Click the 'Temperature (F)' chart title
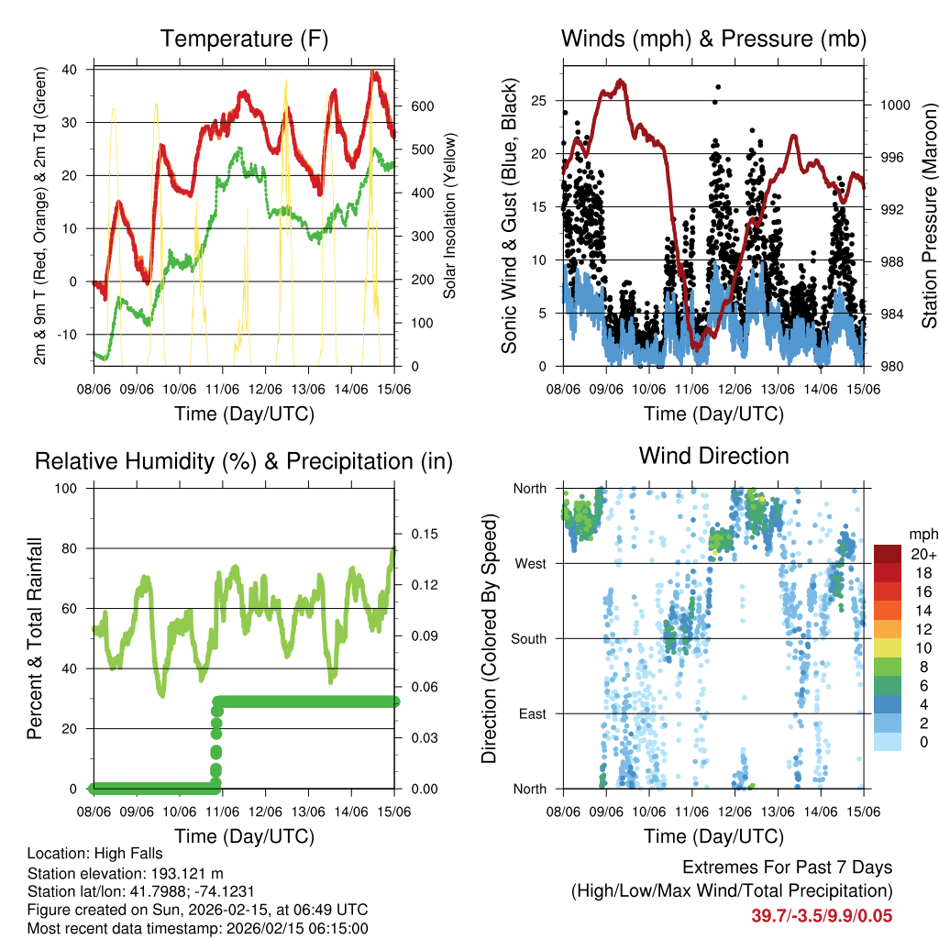244,39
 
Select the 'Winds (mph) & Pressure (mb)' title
713,39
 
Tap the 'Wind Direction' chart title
713,456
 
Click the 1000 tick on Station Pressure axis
894,105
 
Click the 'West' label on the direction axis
530,563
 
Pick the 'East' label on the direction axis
531,713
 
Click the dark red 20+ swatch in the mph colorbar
888,554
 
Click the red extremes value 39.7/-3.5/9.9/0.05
822,915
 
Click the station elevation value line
126,873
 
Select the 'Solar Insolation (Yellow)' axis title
450,216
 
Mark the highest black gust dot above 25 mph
718,87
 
